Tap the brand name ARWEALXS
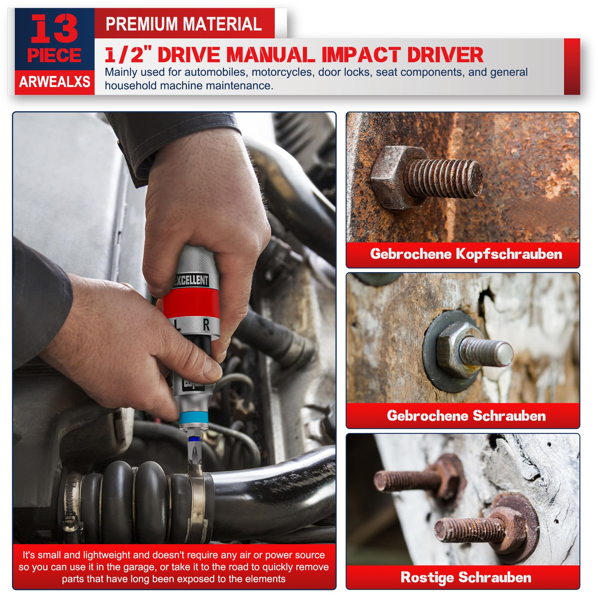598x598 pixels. click(x=54, y=82)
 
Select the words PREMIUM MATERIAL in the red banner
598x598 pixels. click(x=184, y=24)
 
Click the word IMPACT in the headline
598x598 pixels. click(x=361, y=55)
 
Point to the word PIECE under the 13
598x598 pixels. click(x=54, y=55)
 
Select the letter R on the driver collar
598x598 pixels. click(x=206, y=325)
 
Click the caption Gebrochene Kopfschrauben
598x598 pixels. click(x=466, y=254)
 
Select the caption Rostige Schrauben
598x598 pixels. click(x=466, y=577)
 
